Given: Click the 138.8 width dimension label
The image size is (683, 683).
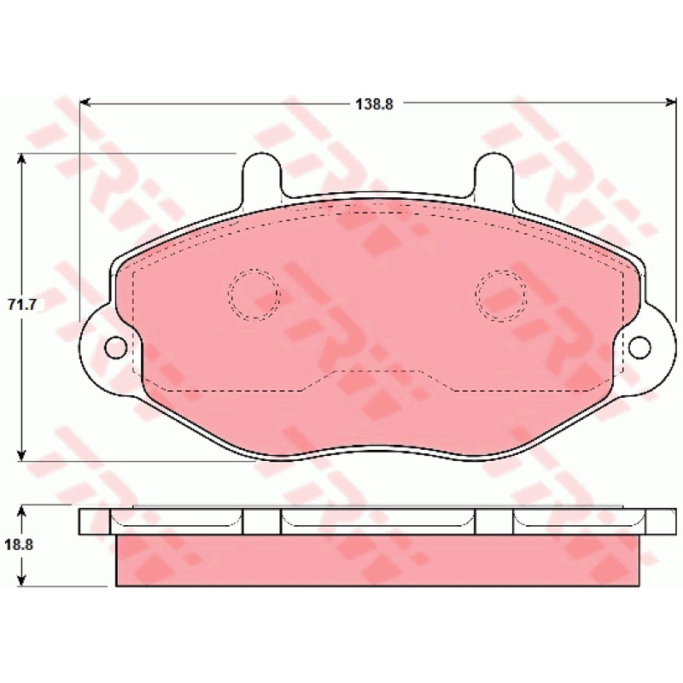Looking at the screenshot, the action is point(375,104).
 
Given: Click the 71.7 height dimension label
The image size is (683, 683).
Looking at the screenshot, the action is point(22,305).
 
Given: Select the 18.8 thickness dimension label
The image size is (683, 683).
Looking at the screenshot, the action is point(19,545).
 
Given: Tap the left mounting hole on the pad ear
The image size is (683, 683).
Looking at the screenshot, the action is point(116,347).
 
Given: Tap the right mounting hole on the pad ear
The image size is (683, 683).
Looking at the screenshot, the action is point(639,347).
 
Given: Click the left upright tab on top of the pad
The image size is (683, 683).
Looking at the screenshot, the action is point(262,174).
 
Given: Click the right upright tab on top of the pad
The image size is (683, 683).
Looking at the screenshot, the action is point(494,174).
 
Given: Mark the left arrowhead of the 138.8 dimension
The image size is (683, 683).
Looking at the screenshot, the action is point(85,102).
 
